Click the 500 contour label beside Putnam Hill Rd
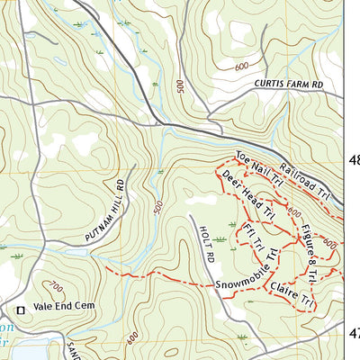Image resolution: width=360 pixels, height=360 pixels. coord(158,206)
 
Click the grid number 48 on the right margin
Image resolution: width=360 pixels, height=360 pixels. coord(354,161)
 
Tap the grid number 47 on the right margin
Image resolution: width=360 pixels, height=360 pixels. coord(354,333)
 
